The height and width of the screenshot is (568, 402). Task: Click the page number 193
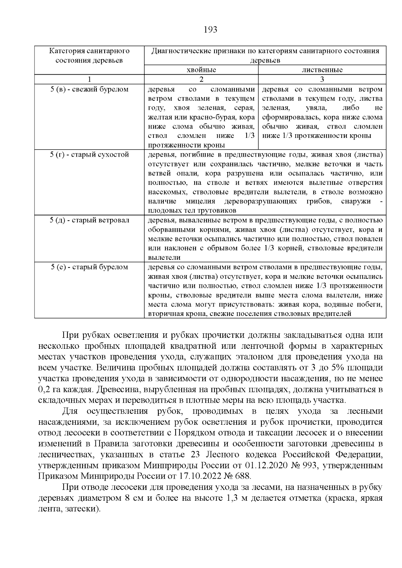tap(210, 30)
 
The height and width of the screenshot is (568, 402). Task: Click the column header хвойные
tap(201, 70)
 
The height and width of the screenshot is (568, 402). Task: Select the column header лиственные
tap(322, 70)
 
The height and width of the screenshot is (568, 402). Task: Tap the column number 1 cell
tap(89, 79)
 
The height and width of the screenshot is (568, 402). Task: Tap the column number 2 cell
tap(201, 79)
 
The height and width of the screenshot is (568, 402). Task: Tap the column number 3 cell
tap(322, 79)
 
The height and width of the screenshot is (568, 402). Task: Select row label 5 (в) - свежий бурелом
tap(89, 90)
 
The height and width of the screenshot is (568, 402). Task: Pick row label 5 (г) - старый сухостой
tap(89, 155)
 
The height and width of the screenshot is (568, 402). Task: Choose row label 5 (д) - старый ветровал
tap(89, 220)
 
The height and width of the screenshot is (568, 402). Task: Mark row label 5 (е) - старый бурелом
tap(89, 267)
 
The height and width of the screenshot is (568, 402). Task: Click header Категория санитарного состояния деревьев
tap(89, 56)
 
